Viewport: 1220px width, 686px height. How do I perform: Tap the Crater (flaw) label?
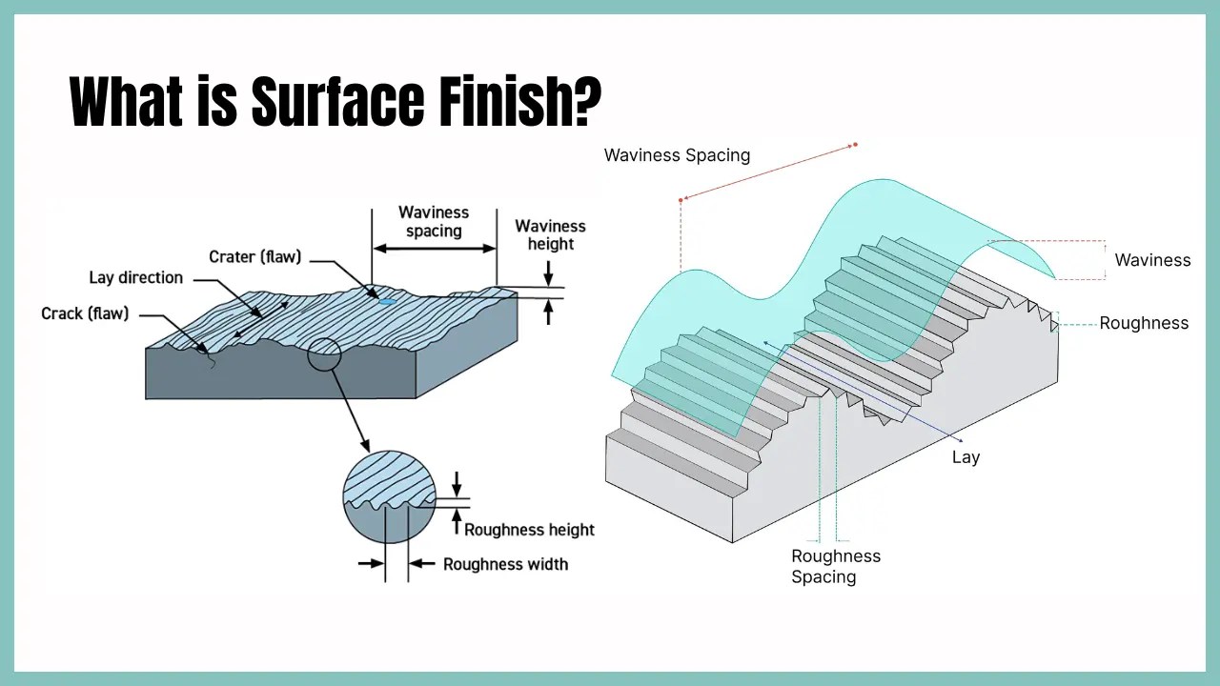point(254,256)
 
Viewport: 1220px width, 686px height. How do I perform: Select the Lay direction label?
point(135,277)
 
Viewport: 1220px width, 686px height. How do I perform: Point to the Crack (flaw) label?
point(85,313)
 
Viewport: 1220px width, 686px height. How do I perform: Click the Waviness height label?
point(550,234)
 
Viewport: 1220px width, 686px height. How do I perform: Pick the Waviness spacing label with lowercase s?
point(434,221)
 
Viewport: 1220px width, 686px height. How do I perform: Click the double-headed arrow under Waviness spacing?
point(434,248)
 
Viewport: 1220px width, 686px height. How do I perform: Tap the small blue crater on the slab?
point(386,301)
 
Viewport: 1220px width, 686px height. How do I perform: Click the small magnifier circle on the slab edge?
point(324,355)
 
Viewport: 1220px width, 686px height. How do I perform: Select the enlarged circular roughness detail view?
point(389,496)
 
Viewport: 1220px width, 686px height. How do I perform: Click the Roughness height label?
point(529,530)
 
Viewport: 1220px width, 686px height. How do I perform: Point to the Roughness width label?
point(505,564)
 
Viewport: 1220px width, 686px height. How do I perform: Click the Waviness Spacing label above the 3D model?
point(677,154)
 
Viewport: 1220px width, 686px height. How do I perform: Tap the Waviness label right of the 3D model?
point(1152,260)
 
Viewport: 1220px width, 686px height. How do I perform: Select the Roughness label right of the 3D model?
point(1144,323)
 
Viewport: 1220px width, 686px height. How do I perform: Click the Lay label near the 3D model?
point(966,457)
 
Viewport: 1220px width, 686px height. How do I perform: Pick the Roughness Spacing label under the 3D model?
point(836,566)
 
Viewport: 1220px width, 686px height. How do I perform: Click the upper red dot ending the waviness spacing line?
point(855,145)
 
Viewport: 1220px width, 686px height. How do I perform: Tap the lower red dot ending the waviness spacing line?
point(681,200)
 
